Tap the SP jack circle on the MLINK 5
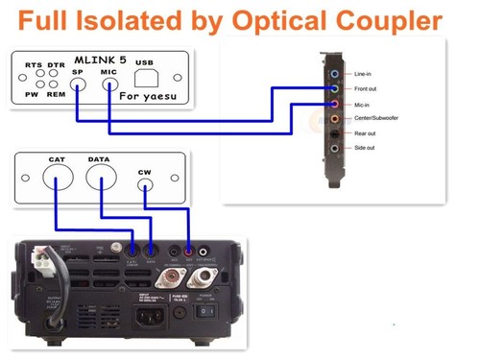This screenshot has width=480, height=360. click(x=78, y=84)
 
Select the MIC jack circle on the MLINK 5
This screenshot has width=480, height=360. click(x=108, y=84)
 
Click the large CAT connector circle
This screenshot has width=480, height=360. click(x=55, y=178)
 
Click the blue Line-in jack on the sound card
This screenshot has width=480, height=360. click(x=333, y=72)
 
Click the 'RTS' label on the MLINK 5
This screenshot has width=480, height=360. click(x=34, y=64)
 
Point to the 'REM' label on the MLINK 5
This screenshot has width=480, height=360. click(x=56, y=94)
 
